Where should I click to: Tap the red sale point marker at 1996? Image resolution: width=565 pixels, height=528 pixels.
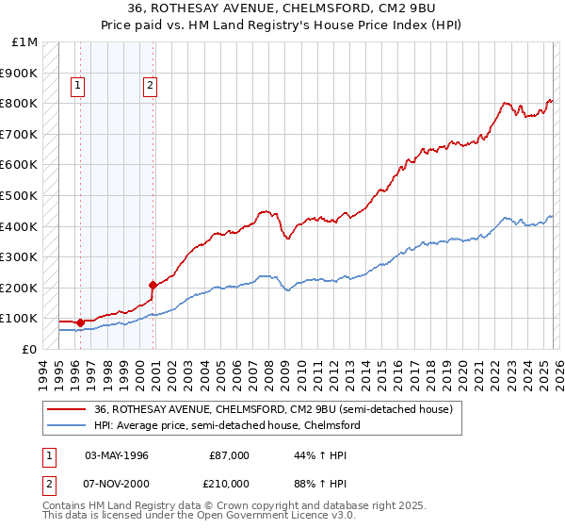pyautogui.click(x=80, y=322)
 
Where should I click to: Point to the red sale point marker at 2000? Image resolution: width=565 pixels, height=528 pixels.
pyautogui.click(x=152, y=284)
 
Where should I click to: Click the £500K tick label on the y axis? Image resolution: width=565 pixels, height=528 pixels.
pyautogui.click(x=19, y=195)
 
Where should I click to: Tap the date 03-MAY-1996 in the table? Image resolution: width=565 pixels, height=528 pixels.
pyautogui.click(x=117, y=455)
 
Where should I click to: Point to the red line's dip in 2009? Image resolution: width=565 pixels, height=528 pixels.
pyautogui.click(x=287, y=238)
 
